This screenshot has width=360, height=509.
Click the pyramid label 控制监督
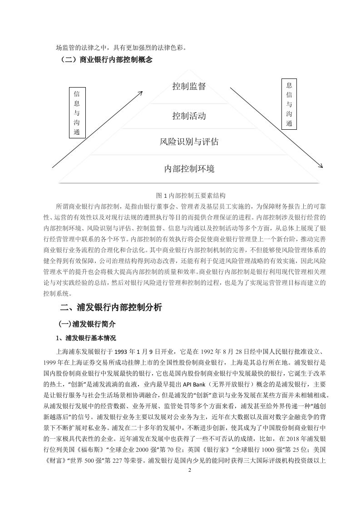(x=189, y=86)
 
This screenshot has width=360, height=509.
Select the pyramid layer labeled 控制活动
(x=189, y=116)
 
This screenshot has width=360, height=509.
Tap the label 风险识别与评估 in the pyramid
(x=189, y=142)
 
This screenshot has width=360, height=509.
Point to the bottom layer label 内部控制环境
(x=189, y=169)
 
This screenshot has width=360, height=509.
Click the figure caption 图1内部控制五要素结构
(x=191, y=196)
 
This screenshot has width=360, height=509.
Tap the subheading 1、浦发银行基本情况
(x=86, y=338)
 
